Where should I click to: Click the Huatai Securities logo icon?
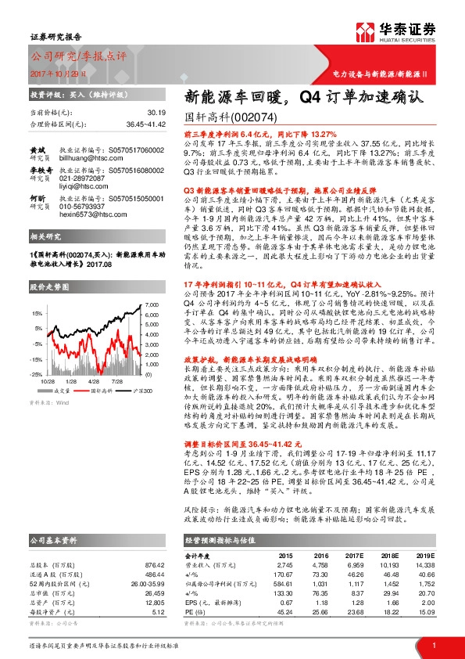pos(364,30)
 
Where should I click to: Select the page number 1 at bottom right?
pos(434,644)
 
